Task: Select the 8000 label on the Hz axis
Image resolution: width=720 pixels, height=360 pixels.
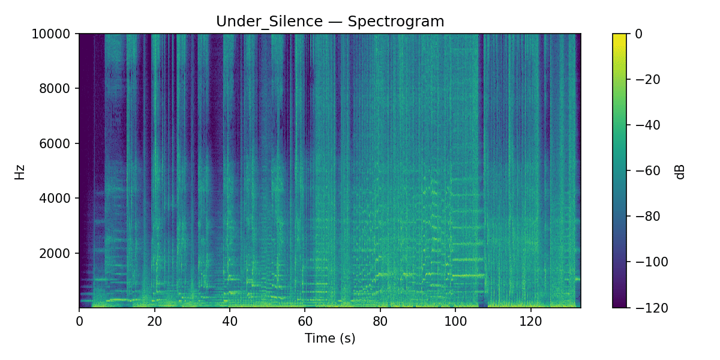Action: pyautogui.click(x=59, y=89)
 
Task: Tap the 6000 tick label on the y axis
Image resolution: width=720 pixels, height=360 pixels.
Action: pyautogui.click(x=59, y=143)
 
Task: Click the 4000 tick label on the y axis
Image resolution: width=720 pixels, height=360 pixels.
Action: pyautogui.click(x=59, y=198)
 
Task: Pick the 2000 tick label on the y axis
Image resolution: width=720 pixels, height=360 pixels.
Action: pyautogui.click(x=59, y=253)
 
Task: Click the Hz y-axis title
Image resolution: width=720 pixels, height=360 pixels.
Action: pyautogui.click(x=20, y=171)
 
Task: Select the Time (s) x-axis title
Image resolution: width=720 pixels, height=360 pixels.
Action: pyautogui.click(x=330, y=338)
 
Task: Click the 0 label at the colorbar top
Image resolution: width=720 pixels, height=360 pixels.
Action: pyautogui.click(x=638, y=34)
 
